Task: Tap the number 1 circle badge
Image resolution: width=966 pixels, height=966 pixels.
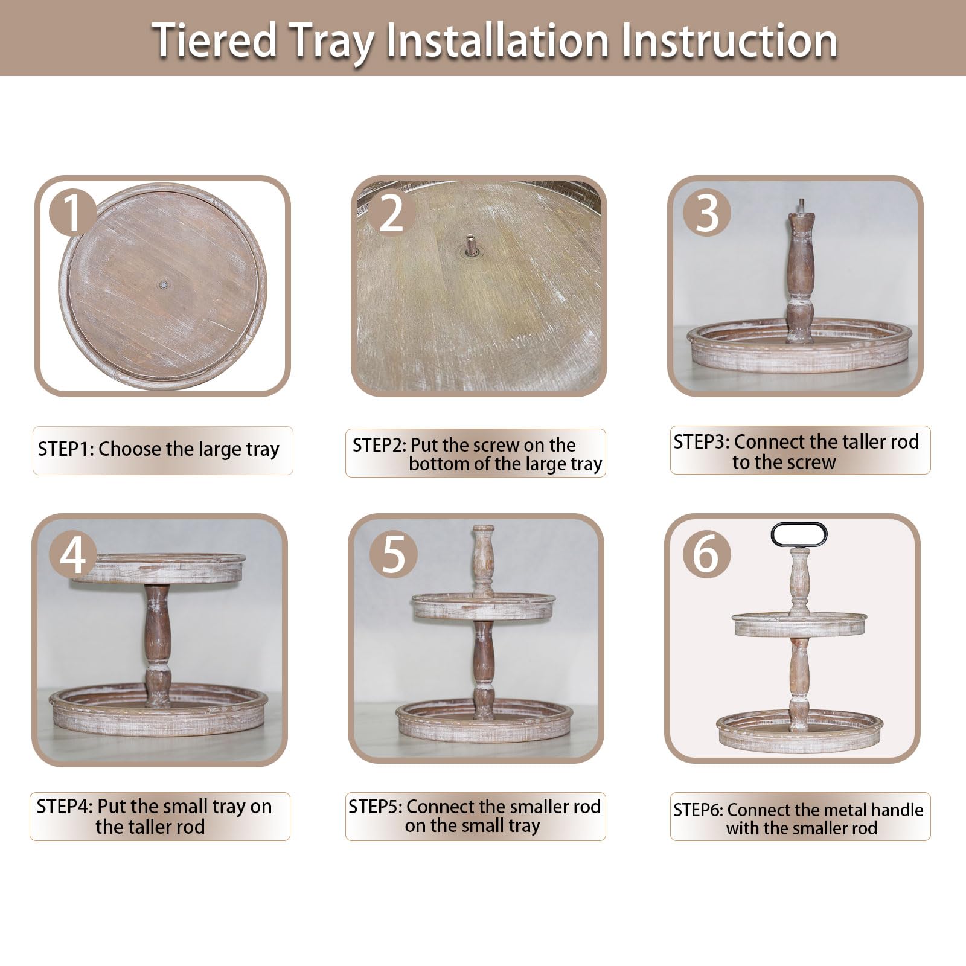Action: tap(73, 213)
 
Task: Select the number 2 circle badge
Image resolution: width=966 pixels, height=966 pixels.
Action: tap(391, 213)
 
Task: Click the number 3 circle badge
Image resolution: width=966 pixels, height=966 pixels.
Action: tap(708, 213)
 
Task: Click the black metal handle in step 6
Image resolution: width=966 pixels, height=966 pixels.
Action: tap(799, 525)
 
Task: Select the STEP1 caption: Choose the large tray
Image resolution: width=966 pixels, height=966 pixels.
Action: tap(159, 450)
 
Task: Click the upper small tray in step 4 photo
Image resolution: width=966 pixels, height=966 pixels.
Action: tap(159, 568)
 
